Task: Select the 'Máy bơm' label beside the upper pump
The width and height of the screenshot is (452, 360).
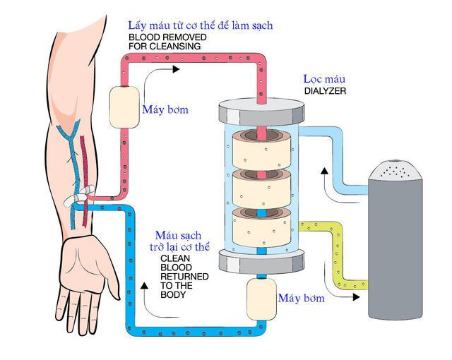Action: [165, 110]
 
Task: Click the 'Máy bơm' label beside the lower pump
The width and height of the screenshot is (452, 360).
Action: [302, 298]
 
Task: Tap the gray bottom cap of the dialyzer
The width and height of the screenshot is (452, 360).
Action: [259, 263]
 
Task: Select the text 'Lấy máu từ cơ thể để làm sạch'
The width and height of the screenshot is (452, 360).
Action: [200, 25]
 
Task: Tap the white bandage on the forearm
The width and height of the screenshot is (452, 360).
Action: [77, 198]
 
